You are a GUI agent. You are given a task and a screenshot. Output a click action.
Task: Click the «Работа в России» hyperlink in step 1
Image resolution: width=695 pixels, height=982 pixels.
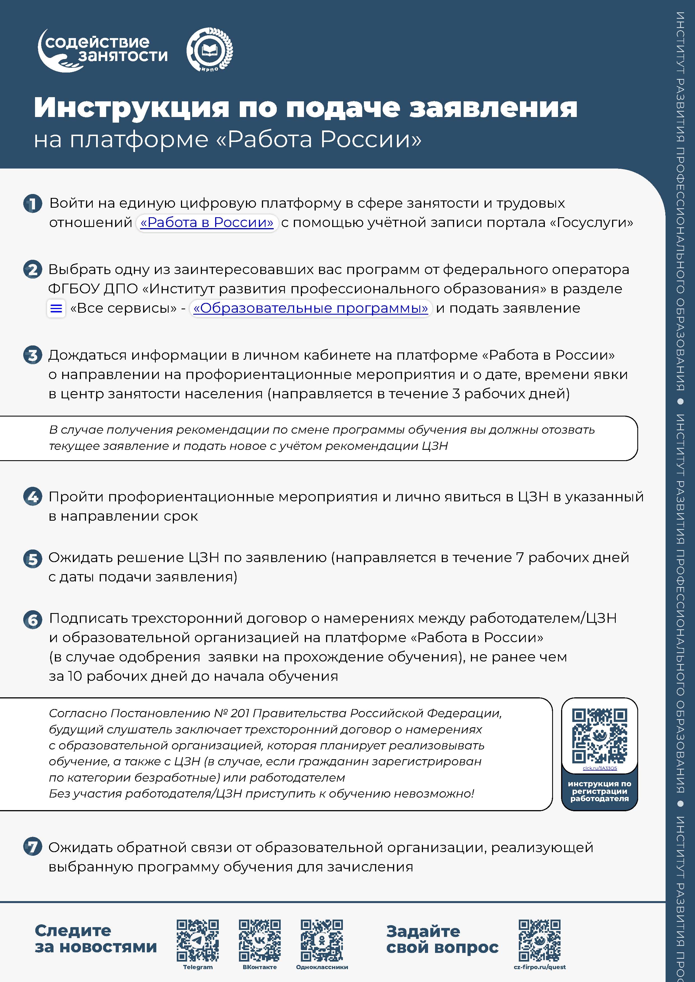pos(207,223)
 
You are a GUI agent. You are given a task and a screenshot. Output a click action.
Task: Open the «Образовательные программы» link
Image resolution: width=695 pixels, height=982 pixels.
pos(310,308)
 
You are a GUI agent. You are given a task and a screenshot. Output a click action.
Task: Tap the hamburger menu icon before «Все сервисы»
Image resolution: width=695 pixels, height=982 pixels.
pos(56,308)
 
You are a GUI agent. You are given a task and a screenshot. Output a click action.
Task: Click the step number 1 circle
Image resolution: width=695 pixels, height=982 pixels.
pos(32,204)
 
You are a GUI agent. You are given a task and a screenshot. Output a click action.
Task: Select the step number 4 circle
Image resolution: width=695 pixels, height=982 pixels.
pos(32,497)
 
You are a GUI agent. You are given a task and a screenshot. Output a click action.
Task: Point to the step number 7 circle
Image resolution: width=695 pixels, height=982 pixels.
pos(32,847)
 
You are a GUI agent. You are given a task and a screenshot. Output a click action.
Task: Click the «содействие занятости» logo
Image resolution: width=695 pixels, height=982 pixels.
pos(103,50)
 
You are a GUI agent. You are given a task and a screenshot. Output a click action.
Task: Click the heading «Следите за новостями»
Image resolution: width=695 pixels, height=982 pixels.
pos(96,939)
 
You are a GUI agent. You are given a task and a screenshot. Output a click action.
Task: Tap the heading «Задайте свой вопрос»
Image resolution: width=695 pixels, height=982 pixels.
pos(442,939)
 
